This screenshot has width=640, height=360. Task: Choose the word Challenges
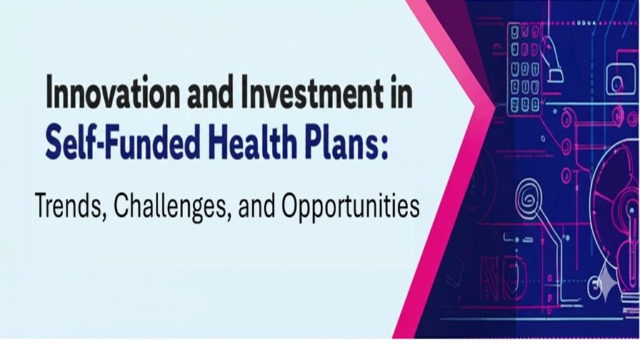click(x=170, y=206)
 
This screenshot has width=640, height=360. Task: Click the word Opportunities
click(x=350, y=206)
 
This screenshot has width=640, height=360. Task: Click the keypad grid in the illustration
click(x=524, y=69)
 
